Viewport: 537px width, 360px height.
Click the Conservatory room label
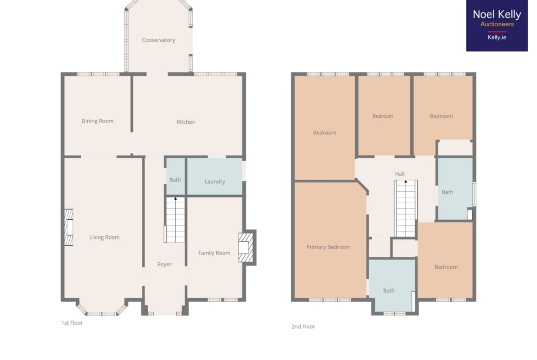[158, 40]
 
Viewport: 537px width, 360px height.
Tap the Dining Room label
[97, 121]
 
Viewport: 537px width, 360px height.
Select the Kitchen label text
[186, 122]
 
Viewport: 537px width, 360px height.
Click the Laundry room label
[215, 181]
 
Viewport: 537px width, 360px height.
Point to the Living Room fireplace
[69, 227]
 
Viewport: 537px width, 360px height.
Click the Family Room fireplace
[246, 248]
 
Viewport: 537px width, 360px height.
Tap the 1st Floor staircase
[175, 220]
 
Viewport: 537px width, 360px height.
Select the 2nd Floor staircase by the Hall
[406, 208]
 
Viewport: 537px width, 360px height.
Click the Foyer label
[165, 265]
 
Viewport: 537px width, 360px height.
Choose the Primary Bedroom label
[329, 247]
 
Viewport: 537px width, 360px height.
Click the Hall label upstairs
[400, 174]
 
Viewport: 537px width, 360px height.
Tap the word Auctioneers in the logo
[497, 24]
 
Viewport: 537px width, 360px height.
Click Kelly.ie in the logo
[497, 37]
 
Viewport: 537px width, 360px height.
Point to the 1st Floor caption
[72, 323]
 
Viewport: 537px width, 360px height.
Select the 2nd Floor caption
[303, 327]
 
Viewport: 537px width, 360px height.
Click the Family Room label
[214, 253]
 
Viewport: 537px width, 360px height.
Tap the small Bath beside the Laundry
[175, 180]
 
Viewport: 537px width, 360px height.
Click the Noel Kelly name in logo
[497, 14]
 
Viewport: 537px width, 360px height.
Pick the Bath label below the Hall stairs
[389, 291]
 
